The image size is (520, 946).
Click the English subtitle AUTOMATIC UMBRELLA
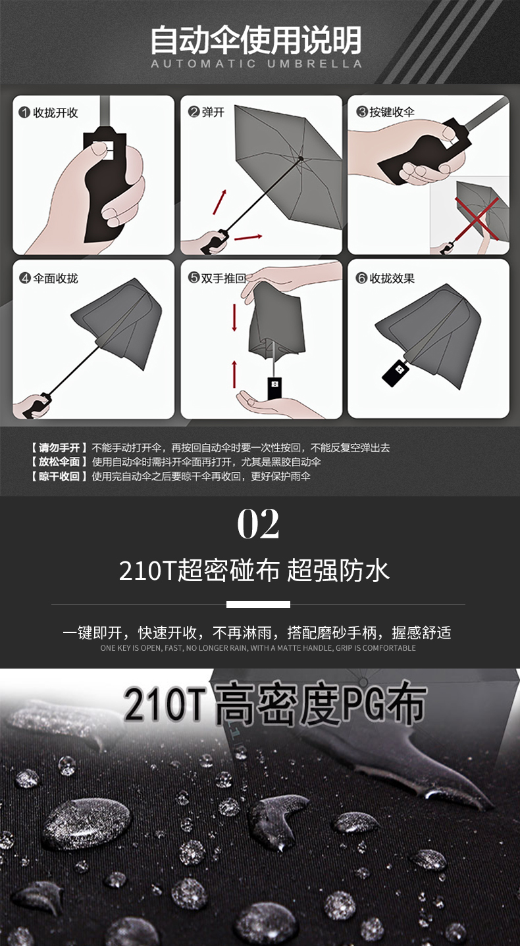click(x=257, y=64)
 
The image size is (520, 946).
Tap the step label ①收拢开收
click(x=48, y=113)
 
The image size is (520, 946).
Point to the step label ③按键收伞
click(x=385, y=112)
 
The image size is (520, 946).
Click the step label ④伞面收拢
click(x=48, y=278)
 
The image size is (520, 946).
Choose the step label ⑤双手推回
click(x=217, y=278)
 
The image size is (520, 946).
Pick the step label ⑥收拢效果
click(x=385, y=278)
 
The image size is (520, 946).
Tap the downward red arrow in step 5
click(x=234, y=316)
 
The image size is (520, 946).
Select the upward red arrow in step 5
click(x=234, y=374)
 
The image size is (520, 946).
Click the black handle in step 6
click(x=396, y=372)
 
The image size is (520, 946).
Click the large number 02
click(x=258, y=524)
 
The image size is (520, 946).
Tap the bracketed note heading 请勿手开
click(x=59, y=448)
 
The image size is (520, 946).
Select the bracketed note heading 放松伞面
click(x=59, y=462)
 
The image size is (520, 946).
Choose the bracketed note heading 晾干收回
click(x=59, y=477)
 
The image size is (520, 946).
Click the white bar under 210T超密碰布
click(x=258, y=604)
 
